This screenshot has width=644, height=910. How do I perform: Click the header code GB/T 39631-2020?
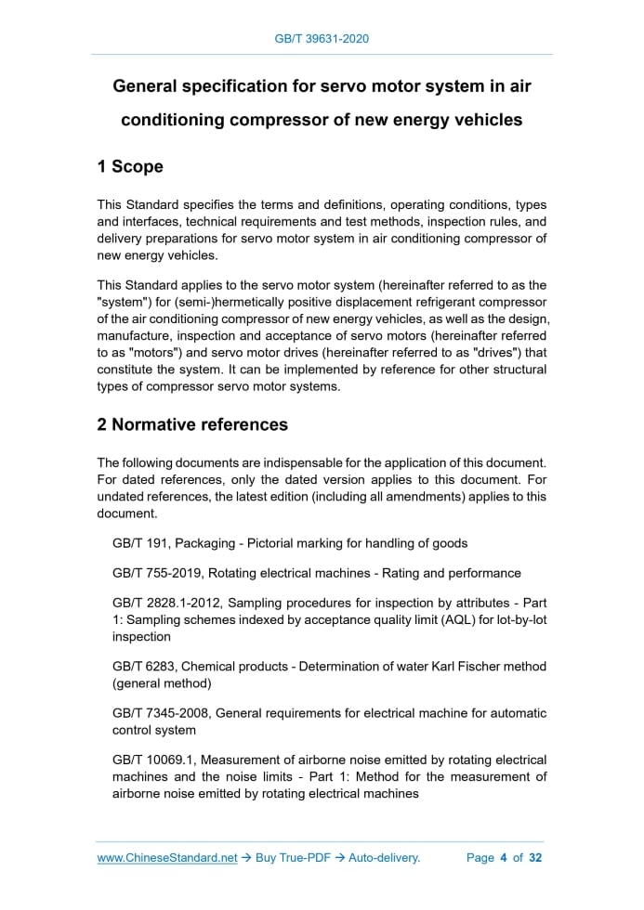click(x=322, y=39)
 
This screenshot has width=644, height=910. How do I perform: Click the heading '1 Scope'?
click(x=130, y=167)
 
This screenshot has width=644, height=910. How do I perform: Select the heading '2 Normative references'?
click(x=192, y=425)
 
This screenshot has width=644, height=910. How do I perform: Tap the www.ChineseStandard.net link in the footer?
click(x=167, y=858)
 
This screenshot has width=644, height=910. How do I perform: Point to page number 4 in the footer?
click(x=503, y=858)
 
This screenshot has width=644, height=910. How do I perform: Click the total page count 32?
click(x=535, y=858)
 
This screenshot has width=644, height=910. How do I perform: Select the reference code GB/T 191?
click(x=139, y=543)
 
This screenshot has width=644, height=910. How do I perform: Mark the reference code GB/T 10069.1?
click(x=150, y=760)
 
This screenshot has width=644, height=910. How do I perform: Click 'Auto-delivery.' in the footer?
click(x=385, y=858)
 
